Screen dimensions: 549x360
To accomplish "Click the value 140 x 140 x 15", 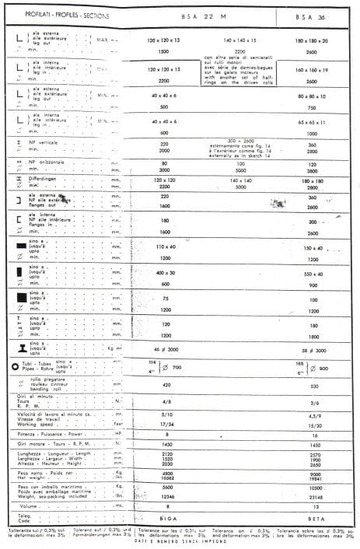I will (239, 40).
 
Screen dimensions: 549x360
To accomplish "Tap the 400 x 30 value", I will (164, 274).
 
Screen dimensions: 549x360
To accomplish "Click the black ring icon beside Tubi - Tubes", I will (15, 365).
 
